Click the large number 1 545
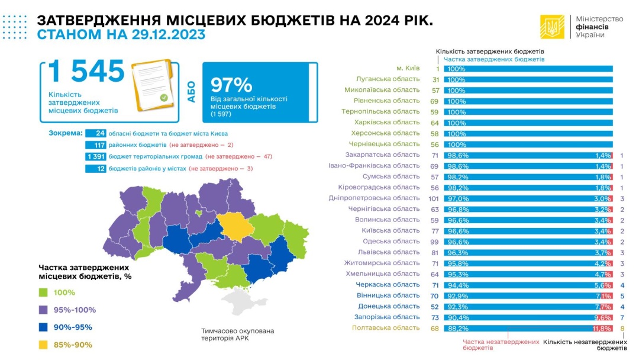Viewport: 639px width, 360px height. tap(86, 72)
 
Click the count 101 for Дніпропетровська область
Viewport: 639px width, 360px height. tap(433, 198)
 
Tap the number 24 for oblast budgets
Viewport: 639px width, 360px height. tap(100, 133)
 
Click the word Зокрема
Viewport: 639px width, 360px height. tap(65, 133)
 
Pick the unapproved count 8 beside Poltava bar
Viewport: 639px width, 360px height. tap(622, 328)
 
